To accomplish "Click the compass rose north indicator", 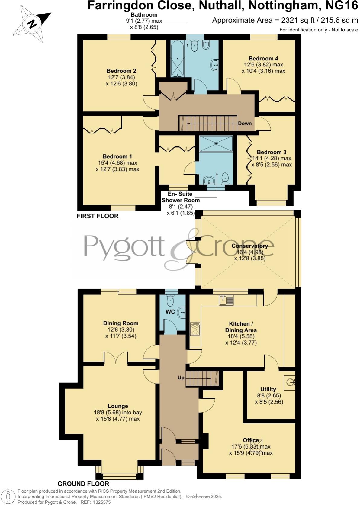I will click(31, 24).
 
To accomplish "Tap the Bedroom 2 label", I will click(121, 71).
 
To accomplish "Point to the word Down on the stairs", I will click(245, 123).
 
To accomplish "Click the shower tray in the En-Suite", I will click(216, 143).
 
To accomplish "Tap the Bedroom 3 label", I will click(272, 152).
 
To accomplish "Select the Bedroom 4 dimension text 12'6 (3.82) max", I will click(263, 65).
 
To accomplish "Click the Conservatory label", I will click(249, 246).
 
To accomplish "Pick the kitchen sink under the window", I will click(226, 300).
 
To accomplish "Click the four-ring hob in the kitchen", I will click(195, 329).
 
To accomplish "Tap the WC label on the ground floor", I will click(170, 312).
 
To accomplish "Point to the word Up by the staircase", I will click(181, 378).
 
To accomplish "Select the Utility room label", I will click(268, 389).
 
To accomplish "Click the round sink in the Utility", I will click(291, 383).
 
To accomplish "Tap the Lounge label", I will click(118, 406).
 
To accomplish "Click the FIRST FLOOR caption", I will click(98, 216).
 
